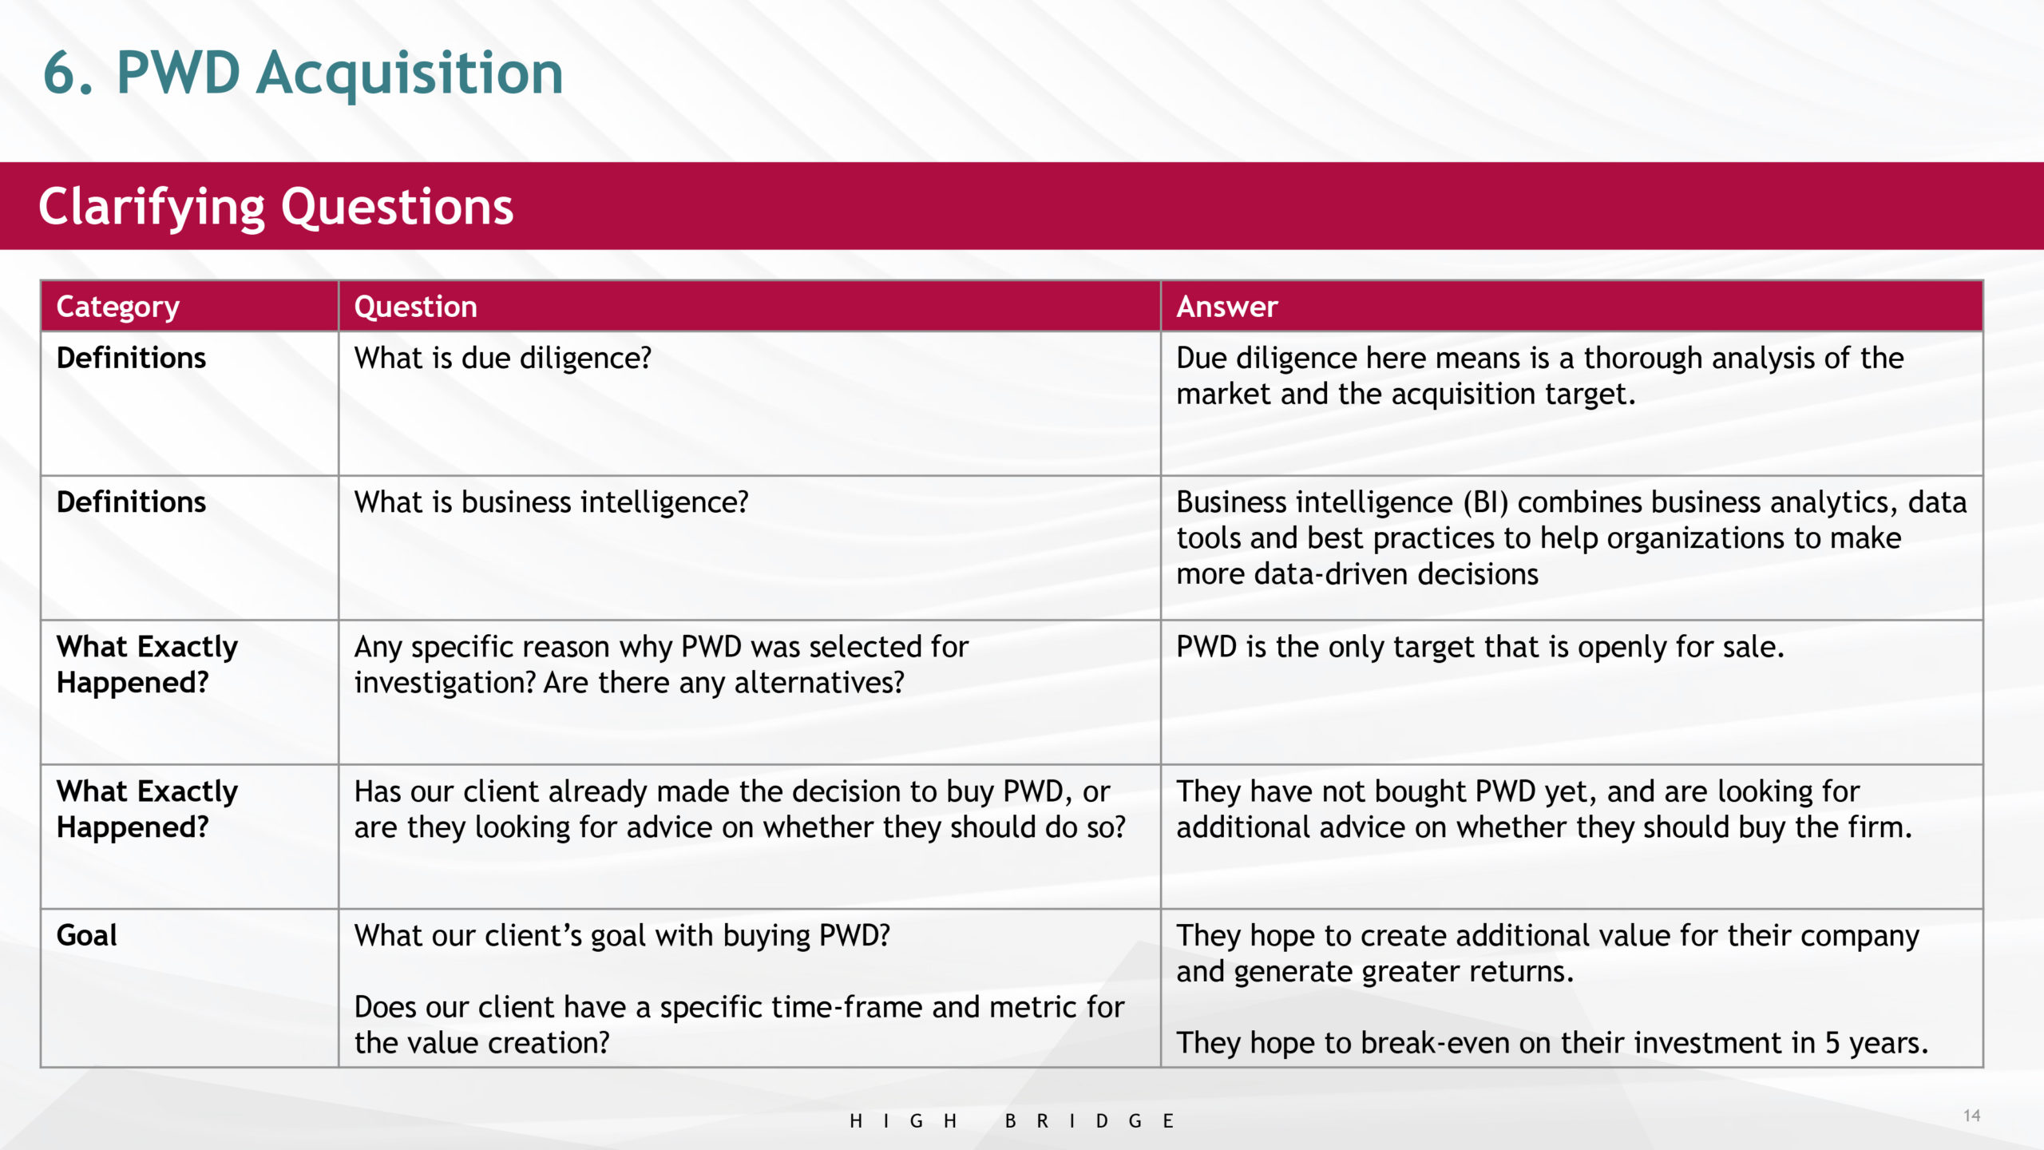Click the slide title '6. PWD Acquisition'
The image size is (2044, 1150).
pyautogui.click(x=303, y=73)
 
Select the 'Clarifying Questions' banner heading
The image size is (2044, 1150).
pyautogui.click(x=276, y=208)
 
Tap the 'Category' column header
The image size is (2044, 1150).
pyautogui.click(x=118, y=307)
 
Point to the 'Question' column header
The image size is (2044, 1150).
pyautogui.click(x=415, y=307)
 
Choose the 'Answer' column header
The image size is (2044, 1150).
pyautogui.click(x=1227, y=307)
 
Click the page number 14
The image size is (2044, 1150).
pyautogui.click(x=1971, y=1115)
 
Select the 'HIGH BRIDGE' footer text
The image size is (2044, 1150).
pyautogui.click(x=1012, y=1121)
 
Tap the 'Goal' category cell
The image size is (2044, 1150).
pyautogui.click(x=86, y=935)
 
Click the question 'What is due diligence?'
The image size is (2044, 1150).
pyautogui.click(x=503, y=359)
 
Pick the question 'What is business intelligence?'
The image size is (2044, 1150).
pyautogui.click(x=552, y=502)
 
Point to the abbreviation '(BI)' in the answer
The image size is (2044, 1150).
pyautogui.click(x=1486, y=502)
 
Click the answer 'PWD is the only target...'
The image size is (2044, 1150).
pyautogui.click(x=1480, y=647)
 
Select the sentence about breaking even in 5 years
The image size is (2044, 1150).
pyautogui.click(x=1552, y=1043)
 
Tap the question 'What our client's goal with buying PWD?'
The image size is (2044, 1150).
pyautogui.click(x=622, y=936)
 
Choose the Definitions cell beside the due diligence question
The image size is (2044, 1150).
pyautogui.click(x=131, y=359)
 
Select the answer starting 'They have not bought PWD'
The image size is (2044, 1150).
pyautogui.click(x=1544, y=809)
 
